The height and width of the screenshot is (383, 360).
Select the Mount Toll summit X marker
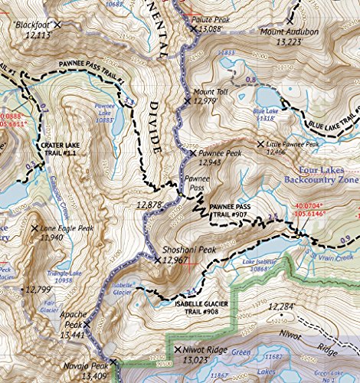188,100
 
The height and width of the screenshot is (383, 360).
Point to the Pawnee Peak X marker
193,153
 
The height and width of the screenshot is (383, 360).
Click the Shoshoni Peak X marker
158,260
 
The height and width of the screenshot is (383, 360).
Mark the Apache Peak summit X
87,325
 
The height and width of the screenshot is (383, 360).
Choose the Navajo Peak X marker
113,362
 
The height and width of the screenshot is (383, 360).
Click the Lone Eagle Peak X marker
34,228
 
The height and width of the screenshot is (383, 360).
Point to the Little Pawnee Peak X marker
260,143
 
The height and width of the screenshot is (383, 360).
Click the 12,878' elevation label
149,205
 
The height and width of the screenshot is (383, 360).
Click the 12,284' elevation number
282,306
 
